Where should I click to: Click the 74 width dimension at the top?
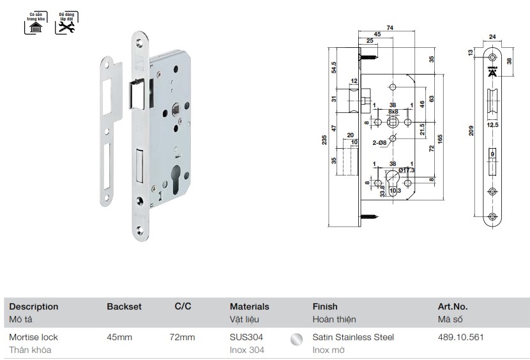click(389, 26)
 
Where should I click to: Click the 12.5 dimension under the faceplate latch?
click(492, 126)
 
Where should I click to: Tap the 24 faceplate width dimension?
click(492, 37)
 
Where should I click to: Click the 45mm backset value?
click(119, 337)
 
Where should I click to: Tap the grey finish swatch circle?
click(296, 340)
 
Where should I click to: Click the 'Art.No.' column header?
click(453, 307)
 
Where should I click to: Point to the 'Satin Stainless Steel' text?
click(353, 337)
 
